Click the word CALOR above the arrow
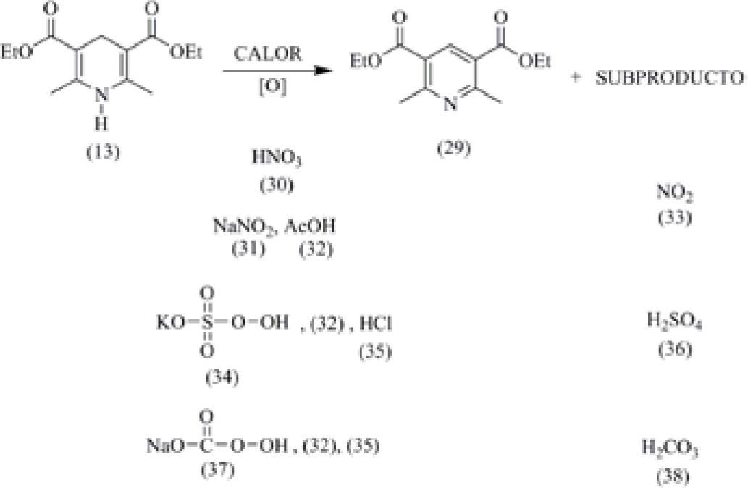pos(270,56)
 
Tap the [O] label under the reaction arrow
pos(271,87)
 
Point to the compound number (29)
pos(454,148)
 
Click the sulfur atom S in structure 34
pos(207,321)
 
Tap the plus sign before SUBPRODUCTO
pos(576,77)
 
